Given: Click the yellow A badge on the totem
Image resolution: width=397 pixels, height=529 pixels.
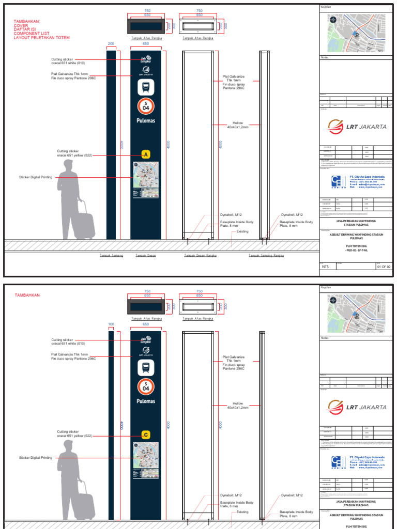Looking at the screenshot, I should [146, 154].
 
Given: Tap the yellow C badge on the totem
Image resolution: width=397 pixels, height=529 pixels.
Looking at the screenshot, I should [146, 435].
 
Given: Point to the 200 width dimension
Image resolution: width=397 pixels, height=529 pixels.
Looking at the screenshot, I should [111, 44].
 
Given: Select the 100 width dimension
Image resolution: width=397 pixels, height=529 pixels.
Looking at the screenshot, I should [111, 324].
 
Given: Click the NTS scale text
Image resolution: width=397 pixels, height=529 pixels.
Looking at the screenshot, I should [325, 267].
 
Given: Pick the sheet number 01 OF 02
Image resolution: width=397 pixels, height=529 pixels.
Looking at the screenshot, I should [384, 267].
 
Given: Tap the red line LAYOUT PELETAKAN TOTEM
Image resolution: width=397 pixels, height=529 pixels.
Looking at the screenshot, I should [41, 38].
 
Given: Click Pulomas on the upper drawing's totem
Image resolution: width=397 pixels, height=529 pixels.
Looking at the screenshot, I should [146, 121].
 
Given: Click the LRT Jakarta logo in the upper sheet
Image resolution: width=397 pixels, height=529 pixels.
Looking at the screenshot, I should [357, 127].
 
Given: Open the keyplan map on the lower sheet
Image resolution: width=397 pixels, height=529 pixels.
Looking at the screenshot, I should [357, 313].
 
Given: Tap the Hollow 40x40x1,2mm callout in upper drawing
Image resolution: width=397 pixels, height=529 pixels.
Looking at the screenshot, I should [238, 125].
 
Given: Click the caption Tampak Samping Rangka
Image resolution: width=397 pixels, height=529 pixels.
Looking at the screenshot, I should [266, 255].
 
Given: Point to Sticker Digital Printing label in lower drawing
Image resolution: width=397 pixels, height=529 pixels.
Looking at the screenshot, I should [36, 458].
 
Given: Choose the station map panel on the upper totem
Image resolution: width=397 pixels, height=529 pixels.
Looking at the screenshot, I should [146, 180].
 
